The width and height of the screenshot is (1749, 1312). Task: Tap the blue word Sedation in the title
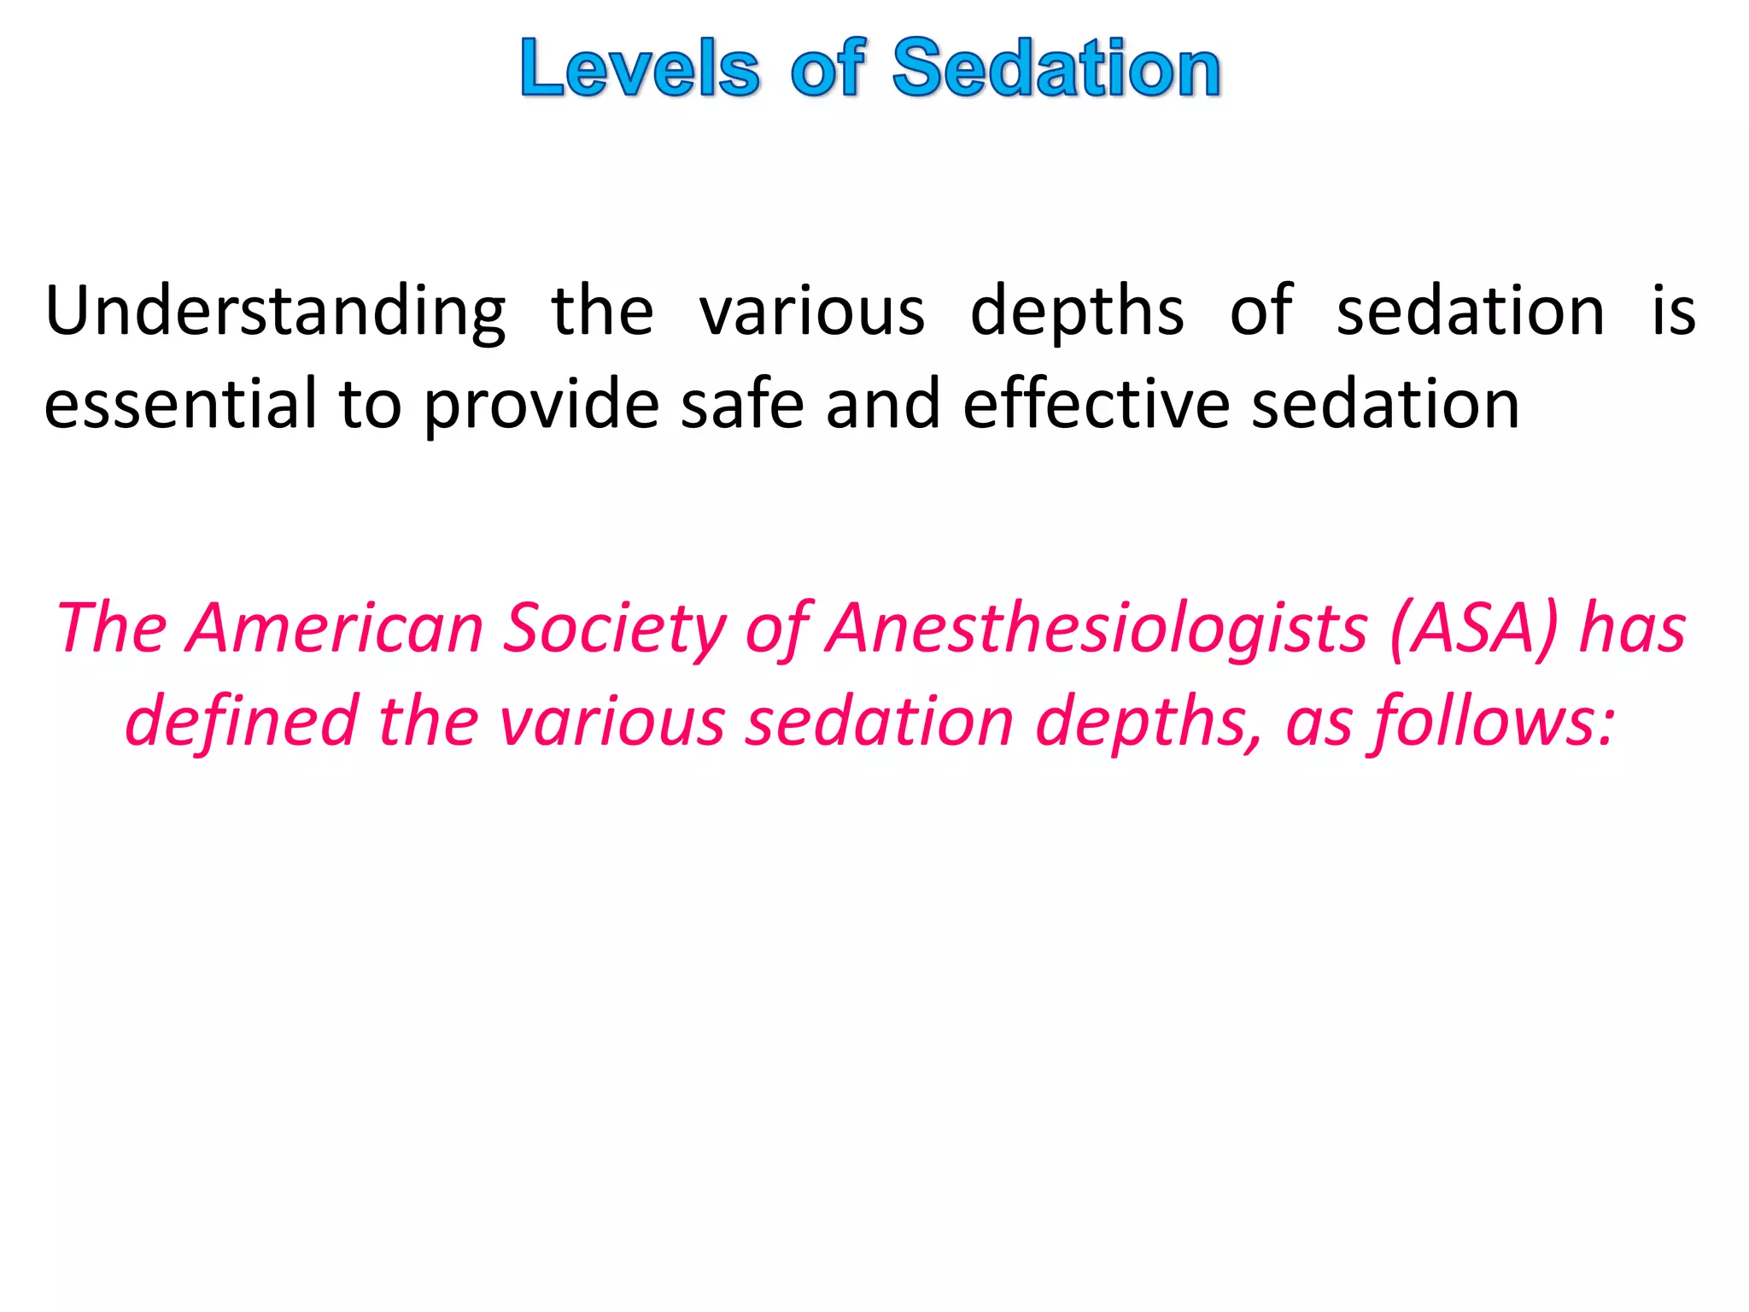point(1056,68)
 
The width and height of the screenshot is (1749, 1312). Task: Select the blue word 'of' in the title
point(828,68)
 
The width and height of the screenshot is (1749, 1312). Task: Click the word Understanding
point(276,312)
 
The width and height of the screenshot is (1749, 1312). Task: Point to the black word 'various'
point(812,312)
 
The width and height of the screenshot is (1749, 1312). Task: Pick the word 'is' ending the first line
point(1673,312)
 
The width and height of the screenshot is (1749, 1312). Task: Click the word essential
point(180,404)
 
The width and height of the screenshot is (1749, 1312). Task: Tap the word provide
point(541,404)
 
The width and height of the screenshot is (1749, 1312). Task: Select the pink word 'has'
point(1633,629)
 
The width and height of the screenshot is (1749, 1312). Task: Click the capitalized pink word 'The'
point(112,629)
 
